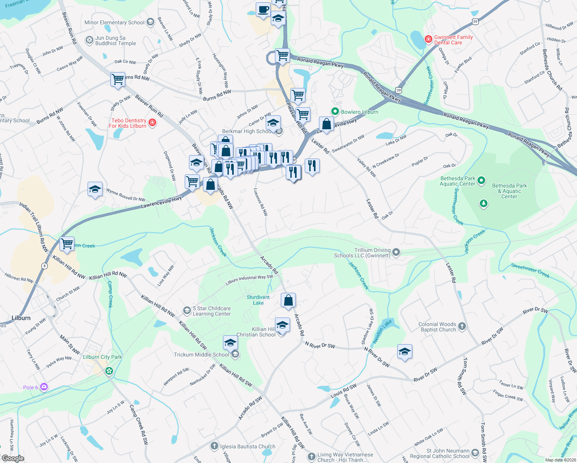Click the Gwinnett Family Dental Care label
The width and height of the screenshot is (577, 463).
(x=453, y=40)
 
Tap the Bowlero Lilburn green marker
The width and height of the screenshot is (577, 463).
(x=335, y=112)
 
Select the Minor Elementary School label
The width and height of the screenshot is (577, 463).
(x=115, y=23)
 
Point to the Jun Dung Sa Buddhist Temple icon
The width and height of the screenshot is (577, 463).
(x=89, y=41)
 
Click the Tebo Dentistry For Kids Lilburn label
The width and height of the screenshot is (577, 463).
(x=128, y=123)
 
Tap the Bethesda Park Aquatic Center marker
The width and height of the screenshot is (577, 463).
(x=481, y=180)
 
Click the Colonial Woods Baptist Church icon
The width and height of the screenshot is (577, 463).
(x=462, y=326)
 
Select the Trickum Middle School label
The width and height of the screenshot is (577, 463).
(x=201, y=355)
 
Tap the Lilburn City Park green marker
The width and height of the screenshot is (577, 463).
(x=109, y=371)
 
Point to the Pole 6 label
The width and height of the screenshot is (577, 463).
(x=30, y=387)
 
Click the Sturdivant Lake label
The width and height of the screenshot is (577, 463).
(x=258, y=300)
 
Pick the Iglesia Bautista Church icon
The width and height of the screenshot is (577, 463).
(x=214, y=446)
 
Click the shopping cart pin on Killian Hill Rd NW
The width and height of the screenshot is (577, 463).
(x=67, y=244)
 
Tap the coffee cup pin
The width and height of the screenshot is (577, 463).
(x=263, y=9)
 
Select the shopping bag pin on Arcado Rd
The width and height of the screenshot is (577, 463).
(x=288, y=300)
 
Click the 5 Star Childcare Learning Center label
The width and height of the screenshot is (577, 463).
(x=212, y=311)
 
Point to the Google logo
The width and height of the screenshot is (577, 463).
(x=13, y=458)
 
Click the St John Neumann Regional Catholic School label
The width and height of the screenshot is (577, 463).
(x=440, y=453)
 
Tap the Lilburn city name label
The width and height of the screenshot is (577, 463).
(x=21, y=318)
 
